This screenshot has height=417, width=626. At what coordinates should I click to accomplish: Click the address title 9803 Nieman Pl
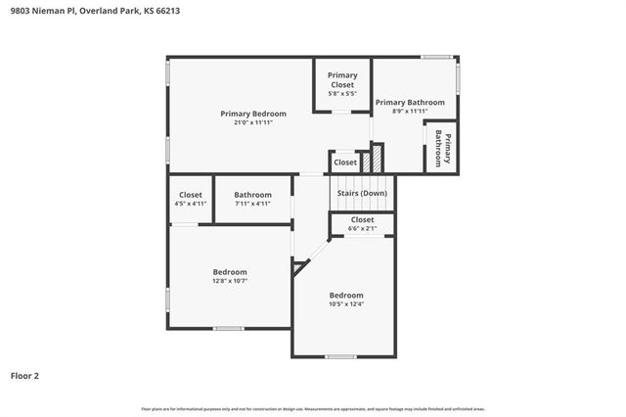(x=95, y=11)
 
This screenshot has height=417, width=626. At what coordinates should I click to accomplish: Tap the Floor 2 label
(x=25, y=375)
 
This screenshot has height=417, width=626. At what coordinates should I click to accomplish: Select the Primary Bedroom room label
(x=239, y=114)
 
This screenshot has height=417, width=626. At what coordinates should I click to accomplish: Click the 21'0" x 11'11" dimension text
(x=239, y=122)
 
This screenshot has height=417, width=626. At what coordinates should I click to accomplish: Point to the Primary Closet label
(x=342, y=79)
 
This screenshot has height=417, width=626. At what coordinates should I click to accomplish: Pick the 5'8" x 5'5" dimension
(x=342, y=94)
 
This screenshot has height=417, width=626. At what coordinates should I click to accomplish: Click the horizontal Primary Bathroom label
(x=410, y=102)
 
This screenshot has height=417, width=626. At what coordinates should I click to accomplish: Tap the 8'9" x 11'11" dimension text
(x=410, y=112)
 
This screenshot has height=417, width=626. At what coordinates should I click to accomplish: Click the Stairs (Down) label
(x=362, y=194)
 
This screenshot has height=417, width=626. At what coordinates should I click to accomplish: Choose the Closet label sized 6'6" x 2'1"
(x=362, y=220)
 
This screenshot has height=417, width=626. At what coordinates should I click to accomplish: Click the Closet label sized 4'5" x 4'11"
(x=191, y=195)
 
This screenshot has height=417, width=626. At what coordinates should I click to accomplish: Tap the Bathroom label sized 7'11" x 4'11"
(x=252, y=195)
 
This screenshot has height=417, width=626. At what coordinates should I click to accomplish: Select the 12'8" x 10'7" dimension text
(x=230, y=281)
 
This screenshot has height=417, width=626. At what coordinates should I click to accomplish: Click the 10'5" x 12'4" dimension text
(x=345, y=304)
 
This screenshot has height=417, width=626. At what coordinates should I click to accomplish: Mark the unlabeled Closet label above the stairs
(x=345, y=162)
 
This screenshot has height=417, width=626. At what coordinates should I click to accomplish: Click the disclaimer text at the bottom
(x=313, y=408)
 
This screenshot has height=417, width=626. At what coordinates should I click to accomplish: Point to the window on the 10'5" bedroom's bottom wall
(x=339, y=356)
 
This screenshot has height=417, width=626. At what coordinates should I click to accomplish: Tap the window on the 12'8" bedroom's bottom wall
(x=229, y=328)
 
